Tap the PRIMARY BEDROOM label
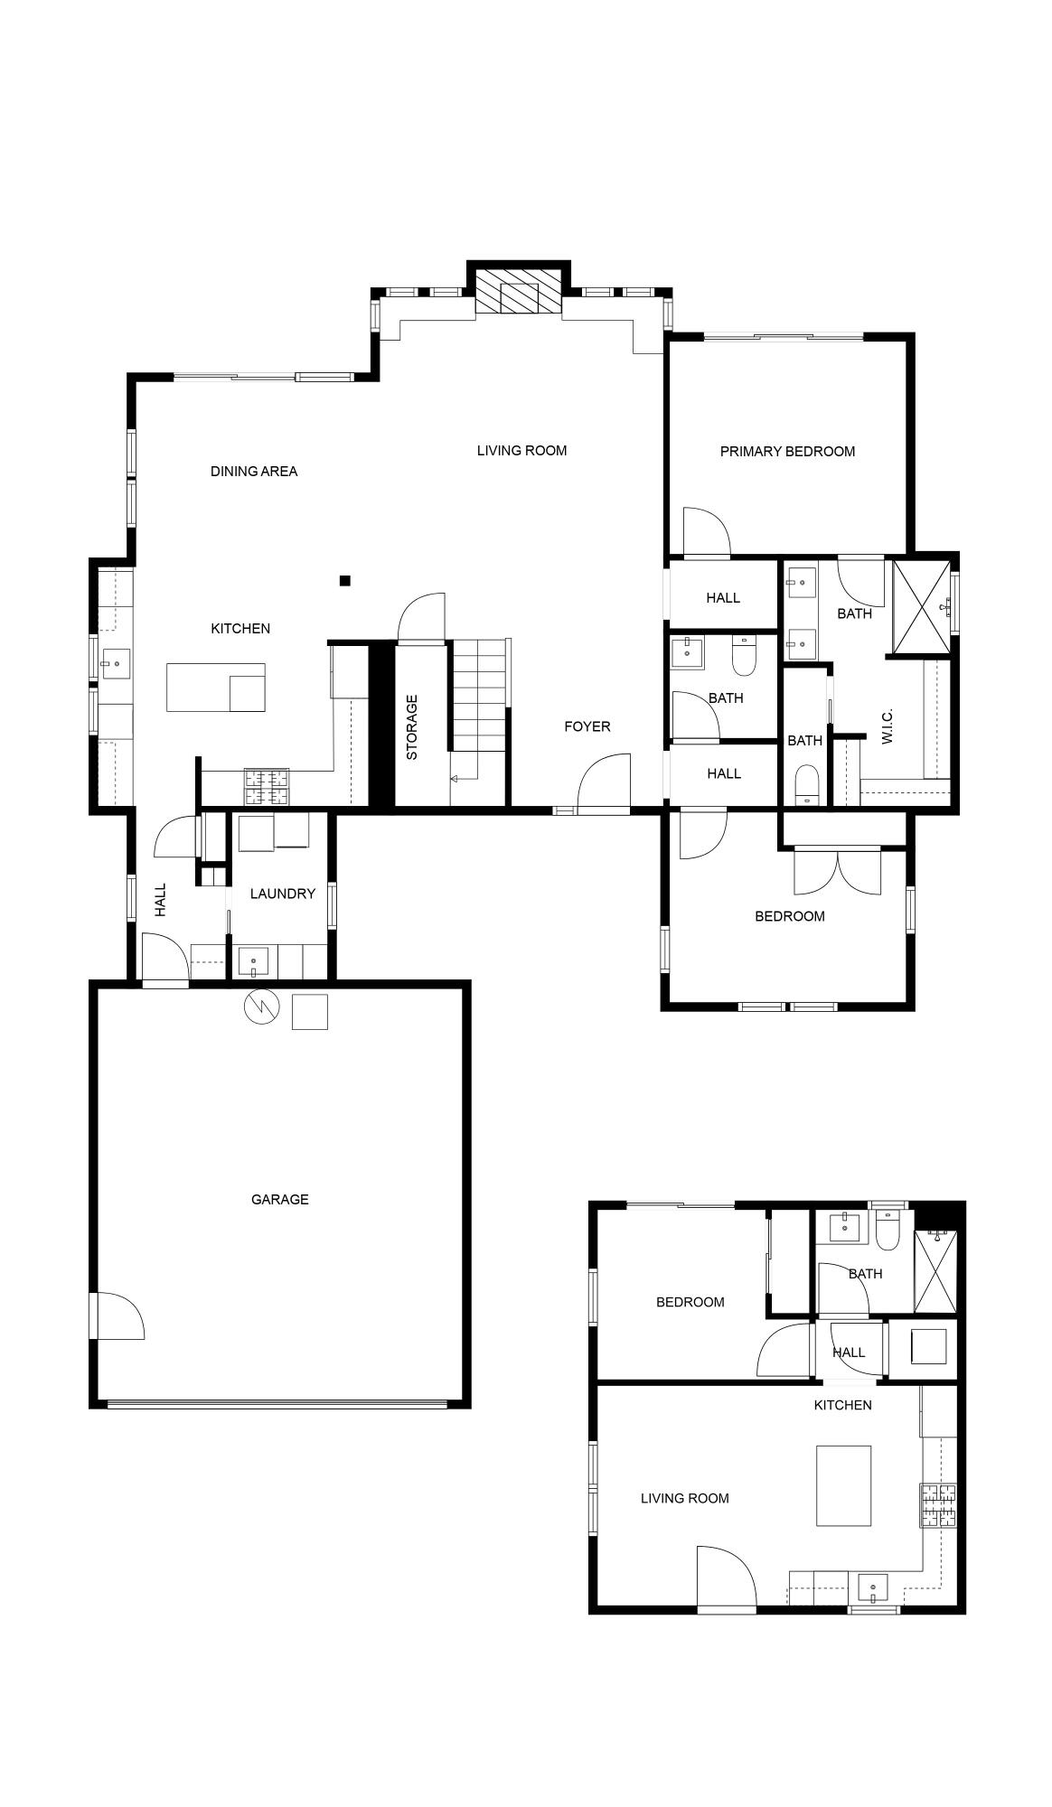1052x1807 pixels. pos(786,451)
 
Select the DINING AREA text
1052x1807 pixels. pos(253,471)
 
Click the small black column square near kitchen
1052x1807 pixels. pos(344,581)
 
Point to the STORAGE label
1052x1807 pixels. pos(411,726)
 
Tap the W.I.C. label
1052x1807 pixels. pos(887,726)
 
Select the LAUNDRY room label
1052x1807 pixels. pos(282,894)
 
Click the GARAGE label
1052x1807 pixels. pos(279,1199)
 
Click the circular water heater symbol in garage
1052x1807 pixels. pos(262,1008)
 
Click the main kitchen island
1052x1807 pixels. pos(216,688)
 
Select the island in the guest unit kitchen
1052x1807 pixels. pos(844,1485)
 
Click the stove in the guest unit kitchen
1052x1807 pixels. pos(938,1505)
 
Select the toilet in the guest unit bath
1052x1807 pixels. pos(888,1231)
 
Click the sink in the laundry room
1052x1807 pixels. pos(253,961)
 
